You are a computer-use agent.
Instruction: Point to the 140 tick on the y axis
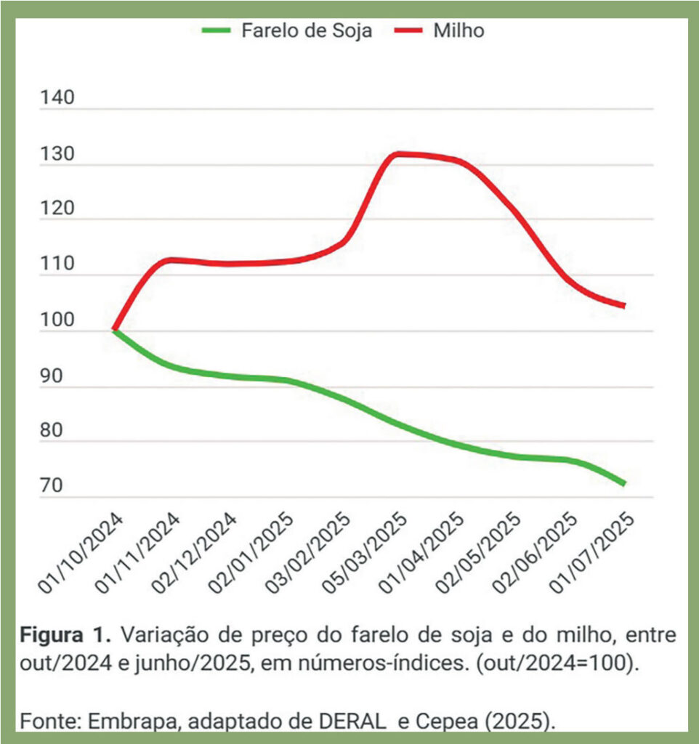58,98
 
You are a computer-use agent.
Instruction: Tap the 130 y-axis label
58,153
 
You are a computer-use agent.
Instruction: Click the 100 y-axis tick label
58,319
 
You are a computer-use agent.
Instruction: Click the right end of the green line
623,483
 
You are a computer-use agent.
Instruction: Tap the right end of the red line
623,305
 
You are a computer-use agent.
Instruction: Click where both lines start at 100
115,331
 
